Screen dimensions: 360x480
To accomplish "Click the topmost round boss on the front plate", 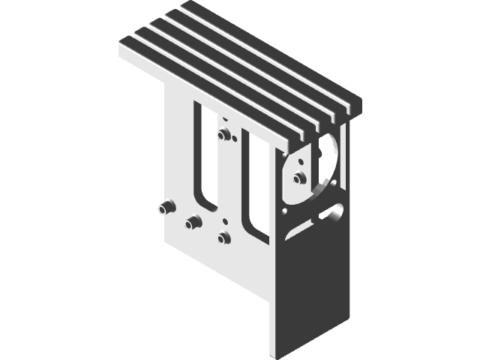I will pyautogui.click(x=222, y=135).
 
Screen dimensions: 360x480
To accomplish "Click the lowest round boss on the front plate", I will pyautogui.click(x=223, y=238).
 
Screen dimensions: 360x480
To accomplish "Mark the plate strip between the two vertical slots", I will pyautogui.click(x=229, y=180).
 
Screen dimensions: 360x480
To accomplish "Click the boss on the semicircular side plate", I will pyautogui.click(x=298, y=178).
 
